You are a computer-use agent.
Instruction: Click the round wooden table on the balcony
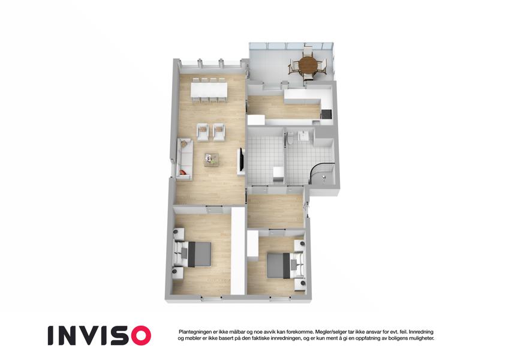(x=308, y=65)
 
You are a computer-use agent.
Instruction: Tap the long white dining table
(x=209, y=89)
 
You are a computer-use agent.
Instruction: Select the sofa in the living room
(x=185, y=160)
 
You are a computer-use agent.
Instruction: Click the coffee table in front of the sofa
(x=213, y=160)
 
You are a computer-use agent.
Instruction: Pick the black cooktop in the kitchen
(x=326, y=114)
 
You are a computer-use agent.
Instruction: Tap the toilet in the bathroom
(x=290, y=137)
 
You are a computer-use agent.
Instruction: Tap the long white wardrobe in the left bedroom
(x=238, y=251)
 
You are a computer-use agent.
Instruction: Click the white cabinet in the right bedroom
(x=252, y=244)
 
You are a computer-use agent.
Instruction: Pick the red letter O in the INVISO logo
(x=138, y=335)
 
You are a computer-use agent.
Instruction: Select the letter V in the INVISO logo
(x=87, y=335)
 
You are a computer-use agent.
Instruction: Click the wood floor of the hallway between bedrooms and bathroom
(x=275, y=211)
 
